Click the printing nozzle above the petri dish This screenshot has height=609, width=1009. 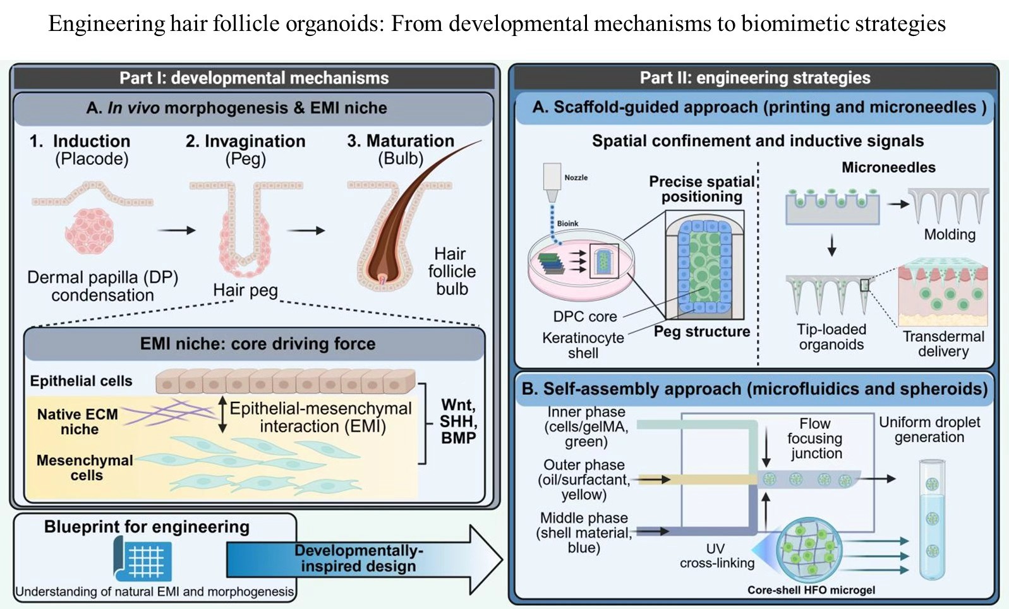(552, 183)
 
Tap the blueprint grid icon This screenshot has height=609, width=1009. (143, 560)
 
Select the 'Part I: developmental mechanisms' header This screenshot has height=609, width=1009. (254, 78)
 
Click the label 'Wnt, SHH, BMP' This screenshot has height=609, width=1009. (458, 421)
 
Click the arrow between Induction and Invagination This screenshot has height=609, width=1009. (176, 230)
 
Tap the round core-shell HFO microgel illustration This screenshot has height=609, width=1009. (809, 548)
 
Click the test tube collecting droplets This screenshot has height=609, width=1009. (931, 519)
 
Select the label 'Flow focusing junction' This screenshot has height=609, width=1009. (815, 438)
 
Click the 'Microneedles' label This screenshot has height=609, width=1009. (888, 167)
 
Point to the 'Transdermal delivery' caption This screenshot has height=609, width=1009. (943, 344)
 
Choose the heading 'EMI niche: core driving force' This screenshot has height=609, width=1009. (258, 344)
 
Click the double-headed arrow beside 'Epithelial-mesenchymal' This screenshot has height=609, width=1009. (222, 414)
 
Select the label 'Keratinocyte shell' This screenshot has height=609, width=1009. (583, 345)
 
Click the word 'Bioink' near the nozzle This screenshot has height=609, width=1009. (567, 224)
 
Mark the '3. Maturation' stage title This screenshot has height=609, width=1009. (401, 141)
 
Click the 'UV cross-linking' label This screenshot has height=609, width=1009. (716, 555)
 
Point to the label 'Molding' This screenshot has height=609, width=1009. (950, 234)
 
